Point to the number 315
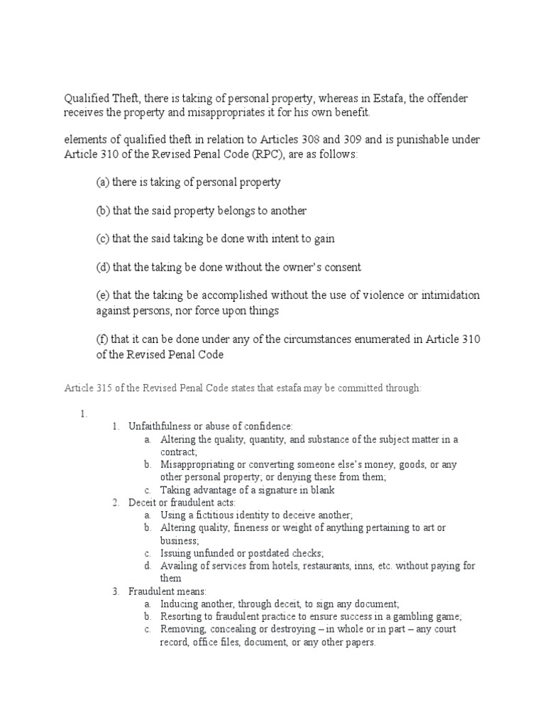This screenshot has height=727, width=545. click(x=104, y=388)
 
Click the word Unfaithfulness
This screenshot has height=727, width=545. click(x=160, y=426)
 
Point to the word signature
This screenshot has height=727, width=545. click(x=261, y=490)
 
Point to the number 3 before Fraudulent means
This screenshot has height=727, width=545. click(x=116, y=591)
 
